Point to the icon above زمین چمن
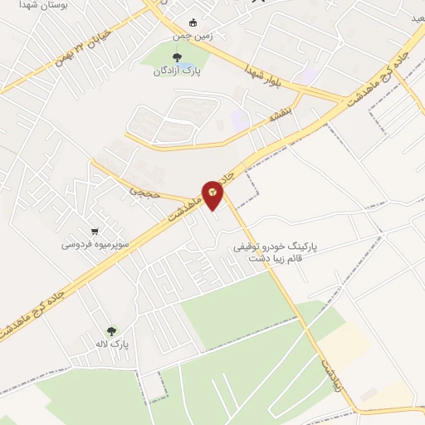(193, 22)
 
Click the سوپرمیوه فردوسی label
(94, 245)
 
